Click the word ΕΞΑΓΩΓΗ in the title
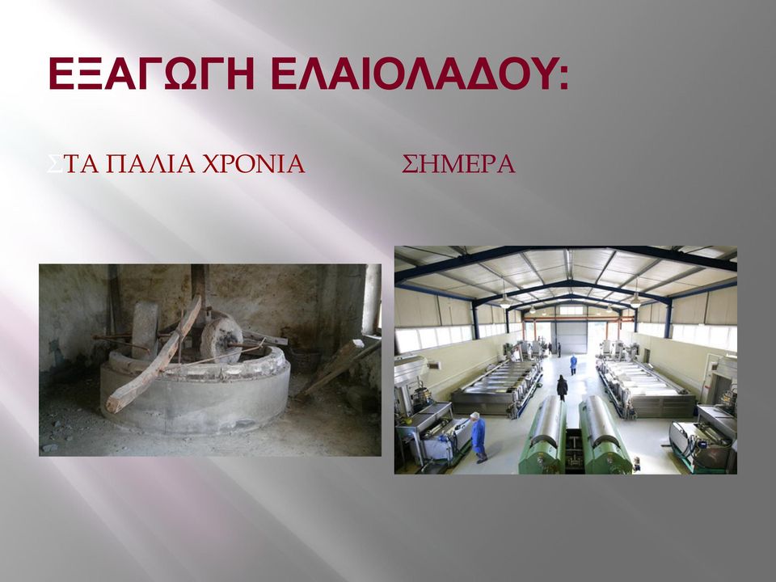[151, 74]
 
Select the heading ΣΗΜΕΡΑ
[458, 164]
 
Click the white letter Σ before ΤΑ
[54, 164]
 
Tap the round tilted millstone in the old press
[221, 340]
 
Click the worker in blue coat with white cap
[479, 437]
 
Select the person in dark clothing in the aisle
[562, 387]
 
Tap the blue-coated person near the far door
[573, 365]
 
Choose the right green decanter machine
[605, 436]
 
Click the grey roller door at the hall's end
[571, 336]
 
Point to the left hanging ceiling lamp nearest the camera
[504, 300]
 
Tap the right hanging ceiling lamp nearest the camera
[635, 298]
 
